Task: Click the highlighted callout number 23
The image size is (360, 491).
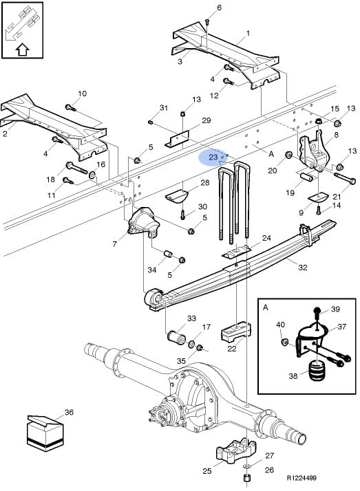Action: coord(213,157)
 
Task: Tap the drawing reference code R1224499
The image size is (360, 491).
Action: coord(301,477)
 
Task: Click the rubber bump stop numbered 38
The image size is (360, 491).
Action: coord(316,371)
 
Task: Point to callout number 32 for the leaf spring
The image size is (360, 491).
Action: coord(303,267)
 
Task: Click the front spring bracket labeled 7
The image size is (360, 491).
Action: coord(144,221)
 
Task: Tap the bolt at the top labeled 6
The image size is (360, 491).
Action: coord(207,22)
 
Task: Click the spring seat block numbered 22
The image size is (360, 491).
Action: coord(236,331)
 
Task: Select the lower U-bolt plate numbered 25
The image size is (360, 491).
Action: coord(235,452)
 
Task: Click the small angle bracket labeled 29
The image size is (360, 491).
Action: coord(177,140)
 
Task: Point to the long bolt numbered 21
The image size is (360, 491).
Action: coord(344,177)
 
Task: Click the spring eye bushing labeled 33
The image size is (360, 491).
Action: coord(177,337)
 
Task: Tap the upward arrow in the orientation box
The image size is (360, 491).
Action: coord(22,50)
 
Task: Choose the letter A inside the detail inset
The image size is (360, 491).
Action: coord(266,307)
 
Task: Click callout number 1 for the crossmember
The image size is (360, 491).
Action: coord(248,33)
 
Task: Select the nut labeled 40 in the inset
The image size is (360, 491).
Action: coord(285,341)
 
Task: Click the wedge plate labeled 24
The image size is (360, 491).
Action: coord(237,252)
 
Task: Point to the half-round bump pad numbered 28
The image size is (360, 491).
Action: coord(176,196)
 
